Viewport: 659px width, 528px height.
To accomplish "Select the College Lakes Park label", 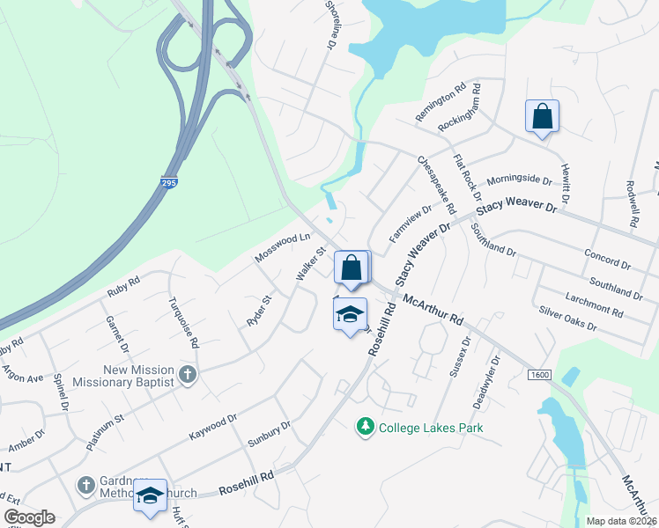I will (x=431, y=429).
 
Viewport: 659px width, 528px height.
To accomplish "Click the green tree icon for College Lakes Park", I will (x=365, y=427).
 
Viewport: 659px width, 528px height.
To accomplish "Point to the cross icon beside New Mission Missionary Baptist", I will (x=187, y=375).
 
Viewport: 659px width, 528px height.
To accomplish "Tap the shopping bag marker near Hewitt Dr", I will (x=542, y=117).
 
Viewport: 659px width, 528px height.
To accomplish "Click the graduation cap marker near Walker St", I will (x=350, y=312).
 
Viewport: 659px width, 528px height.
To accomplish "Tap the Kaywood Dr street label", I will (x=213, y=429).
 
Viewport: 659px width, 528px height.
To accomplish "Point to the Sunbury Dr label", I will (x=269, y=435).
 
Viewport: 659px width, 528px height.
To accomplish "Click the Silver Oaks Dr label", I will (x=567, y=319).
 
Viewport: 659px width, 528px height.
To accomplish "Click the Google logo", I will (x=29, y=517).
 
